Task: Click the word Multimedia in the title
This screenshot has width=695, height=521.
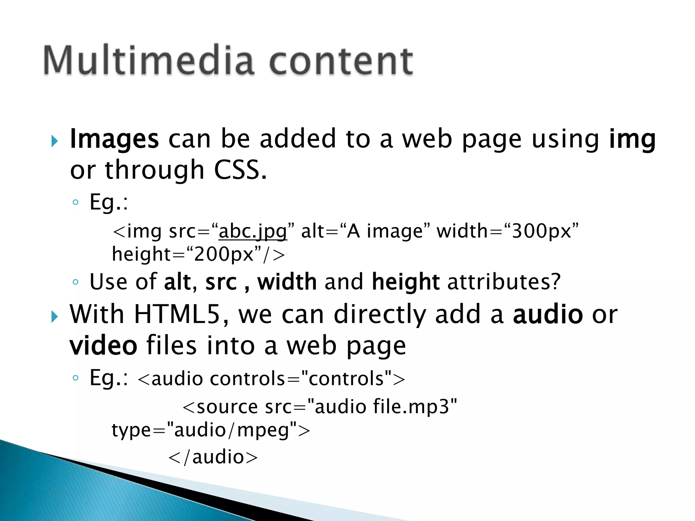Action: (149, 60)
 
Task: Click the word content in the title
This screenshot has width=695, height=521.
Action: (341, 61)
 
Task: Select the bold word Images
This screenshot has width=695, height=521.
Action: (114, 139)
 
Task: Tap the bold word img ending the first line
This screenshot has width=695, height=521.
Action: (632, 139)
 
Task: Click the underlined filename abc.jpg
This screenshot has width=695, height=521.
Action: (253, 232)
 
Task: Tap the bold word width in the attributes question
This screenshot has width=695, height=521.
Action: (287, 282)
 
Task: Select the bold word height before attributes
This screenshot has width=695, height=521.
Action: (406, 282)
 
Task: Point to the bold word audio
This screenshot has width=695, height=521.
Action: (548, 314)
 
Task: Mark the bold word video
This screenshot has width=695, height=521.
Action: (104, 346)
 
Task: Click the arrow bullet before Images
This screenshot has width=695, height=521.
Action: (54, 141)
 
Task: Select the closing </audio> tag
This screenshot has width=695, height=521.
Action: (213, 457)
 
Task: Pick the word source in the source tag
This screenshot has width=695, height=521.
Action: (227, 407)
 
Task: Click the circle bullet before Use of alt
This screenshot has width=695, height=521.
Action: (76, 282)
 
